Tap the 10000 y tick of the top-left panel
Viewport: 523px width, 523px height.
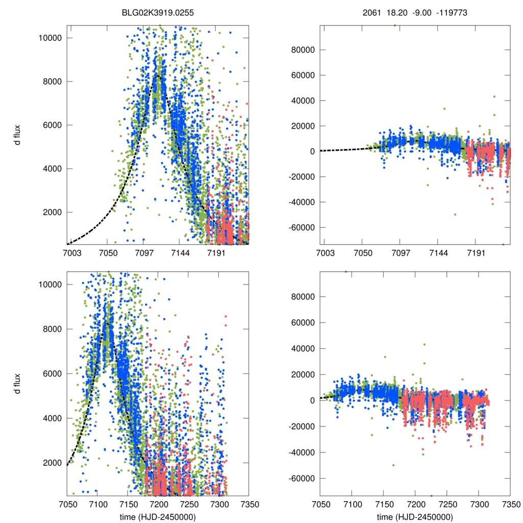tap(52, 38)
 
